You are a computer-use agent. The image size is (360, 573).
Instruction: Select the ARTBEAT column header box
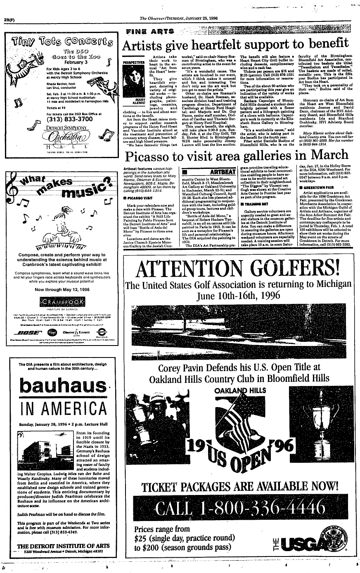208,171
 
